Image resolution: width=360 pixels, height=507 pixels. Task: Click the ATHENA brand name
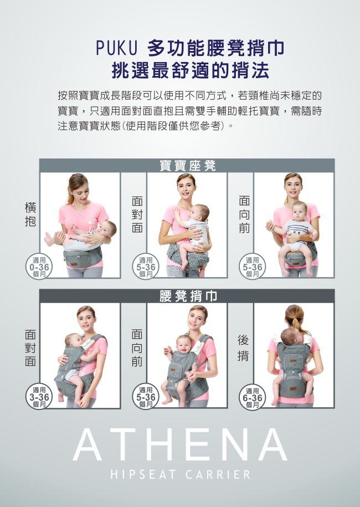[180, 445]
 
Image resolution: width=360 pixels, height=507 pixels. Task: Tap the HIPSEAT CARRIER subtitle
[180, 475]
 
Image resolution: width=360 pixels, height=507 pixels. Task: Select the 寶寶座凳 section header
[187, 166]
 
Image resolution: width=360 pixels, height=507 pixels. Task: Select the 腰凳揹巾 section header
[187, 296]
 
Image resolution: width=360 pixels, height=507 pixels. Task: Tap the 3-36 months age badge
[39, 397]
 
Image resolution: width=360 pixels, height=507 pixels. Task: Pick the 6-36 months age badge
[253, 397]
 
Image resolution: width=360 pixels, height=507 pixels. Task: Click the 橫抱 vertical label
[30, 214]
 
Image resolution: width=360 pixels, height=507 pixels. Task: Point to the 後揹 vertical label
[243, 348]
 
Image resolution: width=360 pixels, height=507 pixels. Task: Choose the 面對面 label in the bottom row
[30, 348]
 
